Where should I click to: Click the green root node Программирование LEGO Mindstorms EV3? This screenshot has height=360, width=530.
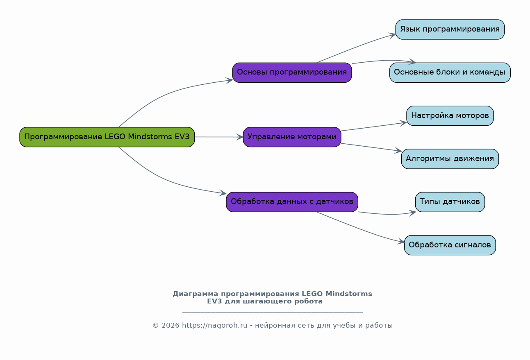tap(107, 137)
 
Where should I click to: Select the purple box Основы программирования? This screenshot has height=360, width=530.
tap(292, 72)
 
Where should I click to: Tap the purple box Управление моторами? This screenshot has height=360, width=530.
tap(292, 137)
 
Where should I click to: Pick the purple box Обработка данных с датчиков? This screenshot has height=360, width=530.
tap(292, 202)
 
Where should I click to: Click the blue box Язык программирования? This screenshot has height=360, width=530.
tap(450, 29)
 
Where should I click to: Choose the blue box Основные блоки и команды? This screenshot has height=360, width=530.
tap(450, 72)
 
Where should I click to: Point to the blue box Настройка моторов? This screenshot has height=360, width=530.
tap(450, 115)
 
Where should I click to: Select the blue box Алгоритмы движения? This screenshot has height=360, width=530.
tap(450, 159)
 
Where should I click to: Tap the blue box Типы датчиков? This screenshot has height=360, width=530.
tap(450, 202)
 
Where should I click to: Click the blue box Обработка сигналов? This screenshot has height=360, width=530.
tap(450, 245)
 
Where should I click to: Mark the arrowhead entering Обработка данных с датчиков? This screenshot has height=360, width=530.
tap(223, 193)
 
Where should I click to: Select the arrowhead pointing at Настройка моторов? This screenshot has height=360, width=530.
tap(403, 122)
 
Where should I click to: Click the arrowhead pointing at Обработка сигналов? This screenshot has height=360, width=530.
tap(401, 242)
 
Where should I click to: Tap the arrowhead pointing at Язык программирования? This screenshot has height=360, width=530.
tap(393, 35)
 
